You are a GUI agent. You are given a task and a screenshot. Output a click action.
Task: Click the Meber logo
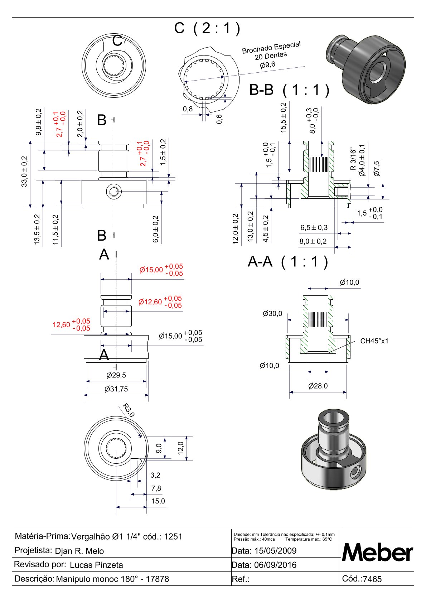tap(377, 553)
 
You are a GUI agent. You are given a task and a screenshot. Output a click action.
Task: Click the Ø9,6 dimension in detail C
tap(267, 65)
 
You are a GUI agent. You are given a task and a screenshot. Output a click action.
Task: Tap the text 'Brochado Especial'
tap(271, 48)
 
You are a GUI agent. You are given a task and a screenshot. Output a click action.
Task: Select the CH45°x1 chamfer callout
tap(374, 341)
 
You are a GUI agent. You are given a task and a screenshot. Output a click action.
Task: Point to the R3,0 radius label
tap(128, 410)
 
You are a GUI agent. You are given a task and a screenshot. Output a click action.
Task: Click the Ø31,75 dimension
tap(116, 389)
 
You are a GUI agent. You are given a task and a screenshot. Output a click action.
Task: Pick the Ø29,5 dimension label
tap(116, 375)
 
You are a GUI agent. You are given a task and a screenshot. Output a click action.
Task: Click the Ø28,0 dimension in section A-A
tap(318, 386)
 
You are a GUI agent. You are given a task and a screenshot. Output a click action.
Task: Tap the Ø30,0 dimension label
tap(272, 314)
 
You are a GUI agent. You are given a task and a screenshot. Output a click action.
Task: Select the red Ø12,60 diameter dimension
tap(150, 302)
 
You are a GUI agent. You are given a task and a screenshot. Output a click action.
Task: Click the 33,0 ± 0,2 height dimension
tap(24, 171)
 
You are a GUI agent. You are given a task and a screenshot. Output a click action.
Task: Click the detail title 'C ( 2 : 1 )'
tap(207, 28)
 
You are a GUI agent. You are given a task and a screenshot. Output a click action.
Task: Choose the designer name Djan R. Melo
tap(79, 551)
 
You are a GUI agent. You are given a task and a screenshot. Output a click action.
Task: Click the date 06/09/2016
tap(275, 565)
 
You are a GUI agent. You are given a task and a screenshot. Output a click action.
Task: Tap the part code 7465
tap(372, 579)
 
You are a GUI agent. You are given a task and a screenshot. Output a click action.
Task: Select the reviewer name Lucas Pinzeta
tap(96, 565)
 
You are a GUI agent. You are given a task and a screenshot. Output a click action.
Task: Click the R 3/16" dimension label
tap(353, 159)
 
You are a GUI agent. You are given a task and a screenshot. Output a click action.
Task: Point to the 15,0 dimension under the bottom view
tap(158, 501)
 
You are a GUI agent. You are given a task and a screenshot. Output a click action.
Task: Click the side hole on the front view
tap(114, 192)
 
